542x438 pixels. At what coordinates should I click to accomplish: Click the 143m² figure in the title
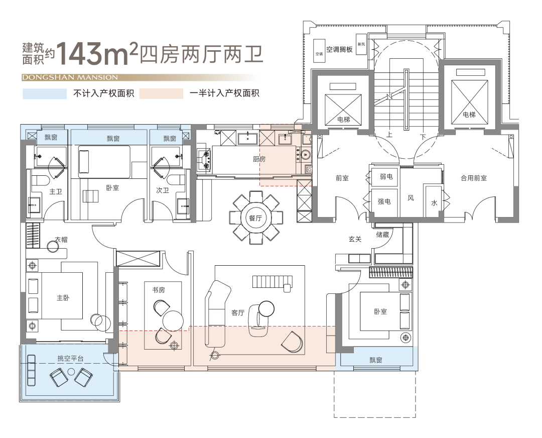[98, 54]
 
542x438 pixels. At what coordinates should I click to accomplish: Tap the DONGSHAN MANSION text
[70, 77]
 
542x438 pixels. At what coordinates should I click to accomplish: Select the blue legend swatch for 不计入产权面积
[45, 94]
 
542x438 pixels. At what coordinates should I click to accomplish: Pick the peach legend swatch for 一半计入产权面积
[161, 94]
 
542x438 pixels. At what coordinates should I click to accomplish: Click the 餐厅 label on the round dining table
[255, 218]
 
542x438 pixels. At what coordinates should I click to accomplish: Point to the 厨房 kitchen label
[259, 159]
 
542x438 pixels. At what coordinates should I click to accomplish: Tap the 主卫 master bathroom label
[55, 191]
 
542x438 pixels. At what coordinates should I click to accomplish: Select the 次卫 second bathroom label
[163, 190]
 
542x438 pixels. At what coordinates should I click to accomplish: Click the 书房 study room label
[159, 290]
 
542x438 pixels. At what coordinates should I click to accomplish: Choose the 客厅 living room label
[238, 313]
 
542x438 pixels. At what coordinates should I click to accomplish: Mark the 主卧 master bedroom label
[63, 298]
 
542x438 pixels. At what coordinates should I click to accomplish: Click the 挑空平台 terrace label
[71, 359]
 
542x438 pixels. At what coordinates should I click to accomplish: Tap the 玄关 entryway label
[355, 239]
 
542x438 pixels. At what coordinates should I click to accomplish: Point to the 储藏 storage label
[382, 235]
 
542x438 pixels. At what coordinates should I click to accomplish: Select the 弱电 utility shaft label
[386, 177]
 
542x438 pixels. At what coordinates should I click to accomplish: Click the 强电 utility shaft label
[384, 201]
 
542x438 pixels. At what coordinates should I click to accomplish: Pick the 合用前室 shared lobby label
[474, 178]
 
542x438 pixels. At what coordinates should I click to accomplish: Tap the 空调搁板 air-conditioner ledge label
[339, 49]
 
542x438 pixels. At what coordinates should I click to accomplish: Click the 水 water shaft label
[434, 203]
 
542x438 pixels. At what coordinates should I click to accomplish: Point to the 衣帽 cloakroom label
[61, 240]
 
